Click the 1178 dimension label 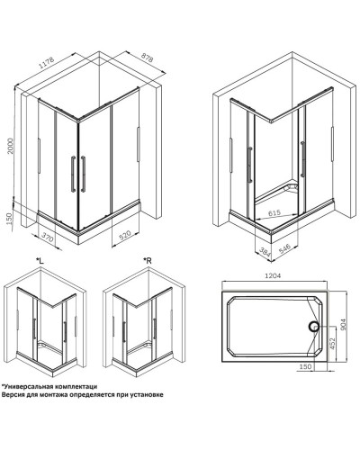tap(47, 63)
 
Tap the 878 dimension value tap(147, 58)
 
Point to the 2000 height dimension tap(11, 146)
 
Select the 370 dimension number tap(48, 237)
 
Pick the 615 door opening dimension tap(274, 212)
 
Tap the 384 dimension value tap(264, 251)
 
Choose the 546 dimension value tap(284, 248)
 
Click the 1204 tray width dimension tap(273, 276)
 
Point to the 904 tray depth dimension tap(344, 325)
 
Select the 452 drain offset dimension tap(331, 343)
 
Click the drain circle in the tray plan tap(314, 326)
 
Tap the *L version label tap(40, 261)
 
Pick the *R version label tap(148, 261)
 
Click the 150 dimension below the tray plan tap(306, 366)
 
